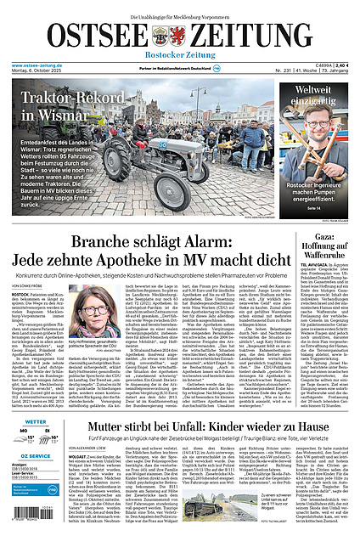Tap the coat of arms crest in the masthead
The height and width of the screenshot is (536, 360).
(x=161, y=36)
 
